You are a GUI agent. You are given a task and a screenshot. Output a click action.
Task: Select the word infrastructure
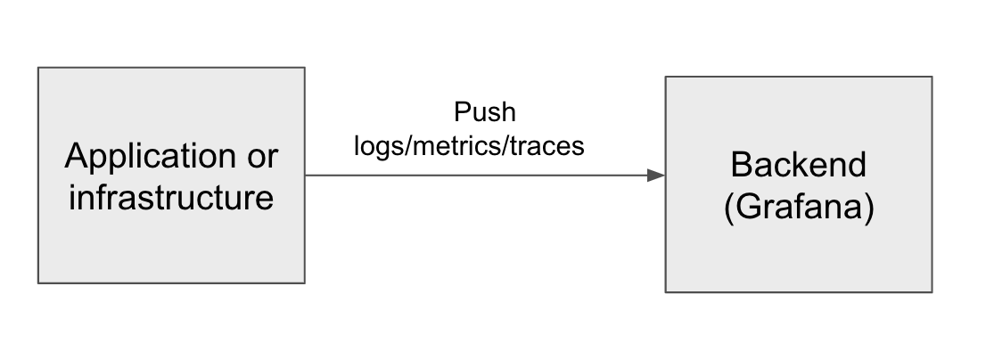pyautogui.click(x=171, y=197)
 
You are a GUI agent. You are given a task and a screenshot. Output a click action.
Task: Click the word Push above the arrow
pyautogui.click(x=485, y=113)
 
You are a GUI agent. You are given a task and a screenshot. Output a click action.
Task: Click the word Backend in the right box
pyautogui.click(x=798, y=165)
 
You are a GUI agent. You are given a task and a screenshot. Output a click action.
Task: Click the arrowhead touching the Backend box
pyautogui.click(x=657, y=176)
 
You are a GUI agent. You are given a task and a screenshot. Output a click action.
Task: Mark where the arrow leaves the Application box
pyautogui.click(x=306, y=176)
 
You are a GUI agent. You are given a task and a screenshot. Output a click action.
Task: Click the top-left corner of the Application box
pyautogui.click(x=38, y=68)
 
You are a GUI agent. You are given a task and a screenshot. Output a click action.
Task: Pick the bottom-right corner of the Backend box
pyautogui.click(x=932, y=291)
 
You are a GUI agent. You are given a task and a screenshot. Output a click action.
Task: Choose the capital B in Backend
pyautogui.click(x=739, y=165)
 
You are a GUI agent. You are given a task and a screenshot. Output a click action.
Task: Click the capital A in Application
pyautogui.click(x=76, y=158)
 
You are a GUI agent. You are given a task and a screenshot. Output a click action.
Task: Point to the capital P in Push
pyautogui.click(x=461, y=113)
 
